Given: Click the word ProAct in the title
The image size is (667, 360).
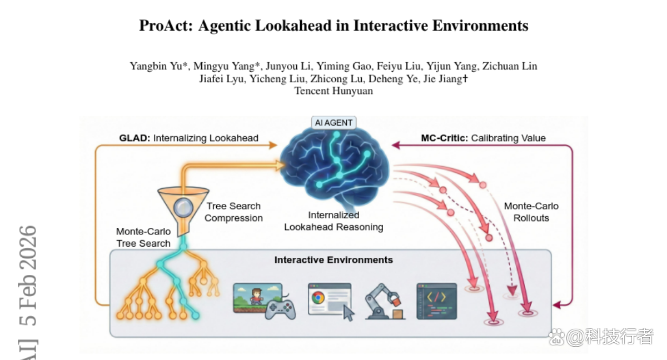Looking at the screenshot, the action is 166,26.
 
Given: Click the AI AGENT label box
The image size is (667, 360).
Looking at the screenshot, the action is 333,123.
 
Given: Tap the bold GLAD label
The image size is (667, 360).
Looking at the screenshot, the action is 135,138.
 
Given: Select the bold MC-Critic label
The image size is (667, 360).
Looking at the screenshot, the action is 445,138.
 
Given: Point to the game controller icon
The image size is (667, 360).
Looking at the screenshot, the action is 280,309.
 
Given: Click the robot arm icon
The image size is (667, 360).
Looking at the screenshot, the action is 385,301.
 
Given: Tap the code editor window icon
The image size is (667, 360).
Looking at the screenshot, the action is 436,301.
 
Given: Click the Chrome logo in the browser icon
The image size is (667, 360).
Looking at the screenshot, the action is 318,298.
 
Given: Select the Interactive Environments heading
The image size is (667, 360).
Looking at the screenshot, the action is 333,260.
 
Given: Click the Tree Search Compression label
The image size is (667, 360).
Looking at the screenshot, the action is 234,212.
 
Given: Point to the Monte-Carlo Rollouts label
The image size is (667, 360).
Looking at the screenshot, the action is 531,212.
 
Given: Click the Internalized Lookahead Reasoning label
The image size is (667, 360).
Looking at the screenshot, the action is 333,221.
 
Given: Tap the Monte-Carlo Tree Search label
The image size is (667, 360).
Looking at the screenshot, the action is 143,237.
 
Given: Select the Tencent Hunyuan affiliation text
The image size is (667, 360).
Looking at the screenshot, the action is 333,91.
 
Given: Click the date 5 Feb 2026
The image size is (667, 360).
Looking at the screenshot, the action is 28,276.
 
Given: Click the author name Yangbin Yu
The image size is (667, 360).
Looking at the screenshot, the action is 156,66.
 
